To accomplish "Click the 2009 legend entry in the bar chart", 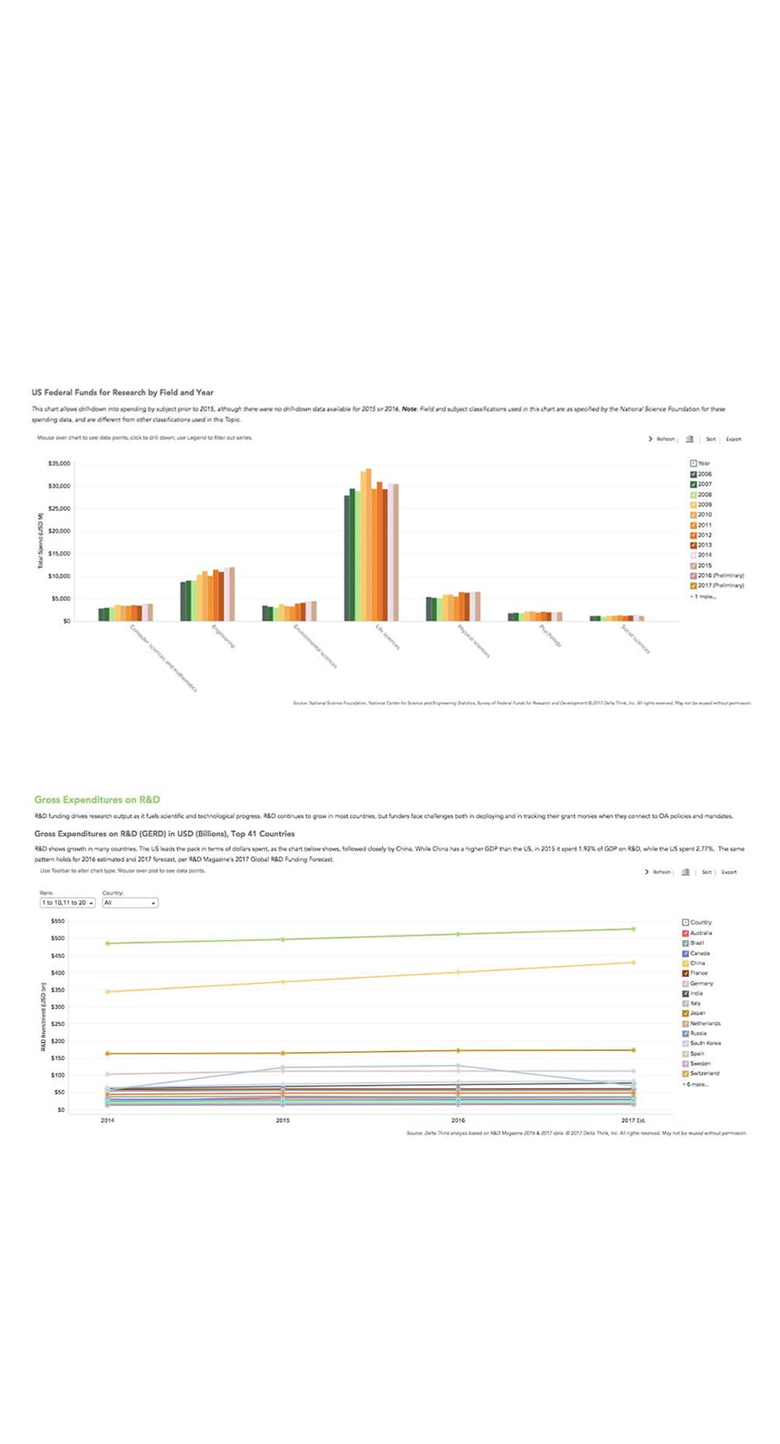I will coord(704,505).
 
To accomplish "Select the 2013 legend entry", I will coord(704,545).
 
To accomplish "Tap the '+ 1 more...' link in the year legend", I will coord(703,597).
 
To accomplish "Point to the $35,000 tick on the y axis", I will coord(59,464).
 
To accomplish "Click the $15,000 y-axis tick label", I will coord(59,554).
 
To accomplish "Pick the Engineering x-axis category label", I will coord(223,636).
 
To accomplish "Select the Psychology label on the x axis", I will coord(550,636).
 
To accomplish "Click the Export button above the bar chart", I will coord(734,439).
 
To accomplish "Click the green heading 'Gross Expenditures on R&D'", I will coord(97,800).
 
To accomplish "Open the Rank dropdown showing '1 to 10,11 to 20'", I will coord(67,903).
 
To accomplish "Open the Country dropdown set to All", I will coord(130,903).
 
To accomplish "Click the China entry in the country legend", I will coord(697,964).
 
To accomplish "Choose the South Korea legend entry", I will coord(705,1044).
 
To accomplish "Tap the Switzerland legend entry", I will coord(704,1074).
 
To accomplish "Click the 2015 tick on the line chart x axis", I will coord(282,1120).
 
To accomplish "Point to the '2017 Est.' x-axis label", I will coord(633,1120).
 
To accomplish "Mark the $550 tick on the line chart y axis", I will coord(58,921).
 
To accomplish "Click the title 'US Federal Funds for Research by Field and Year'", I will coord(122,393).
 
